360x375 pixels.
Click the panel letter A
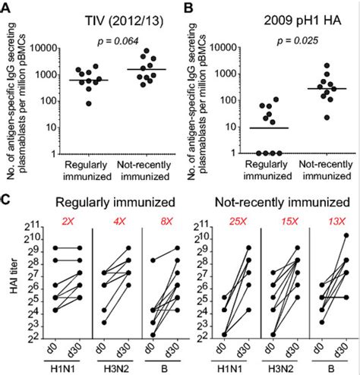7,7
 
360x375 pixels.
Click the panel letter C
7,200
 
